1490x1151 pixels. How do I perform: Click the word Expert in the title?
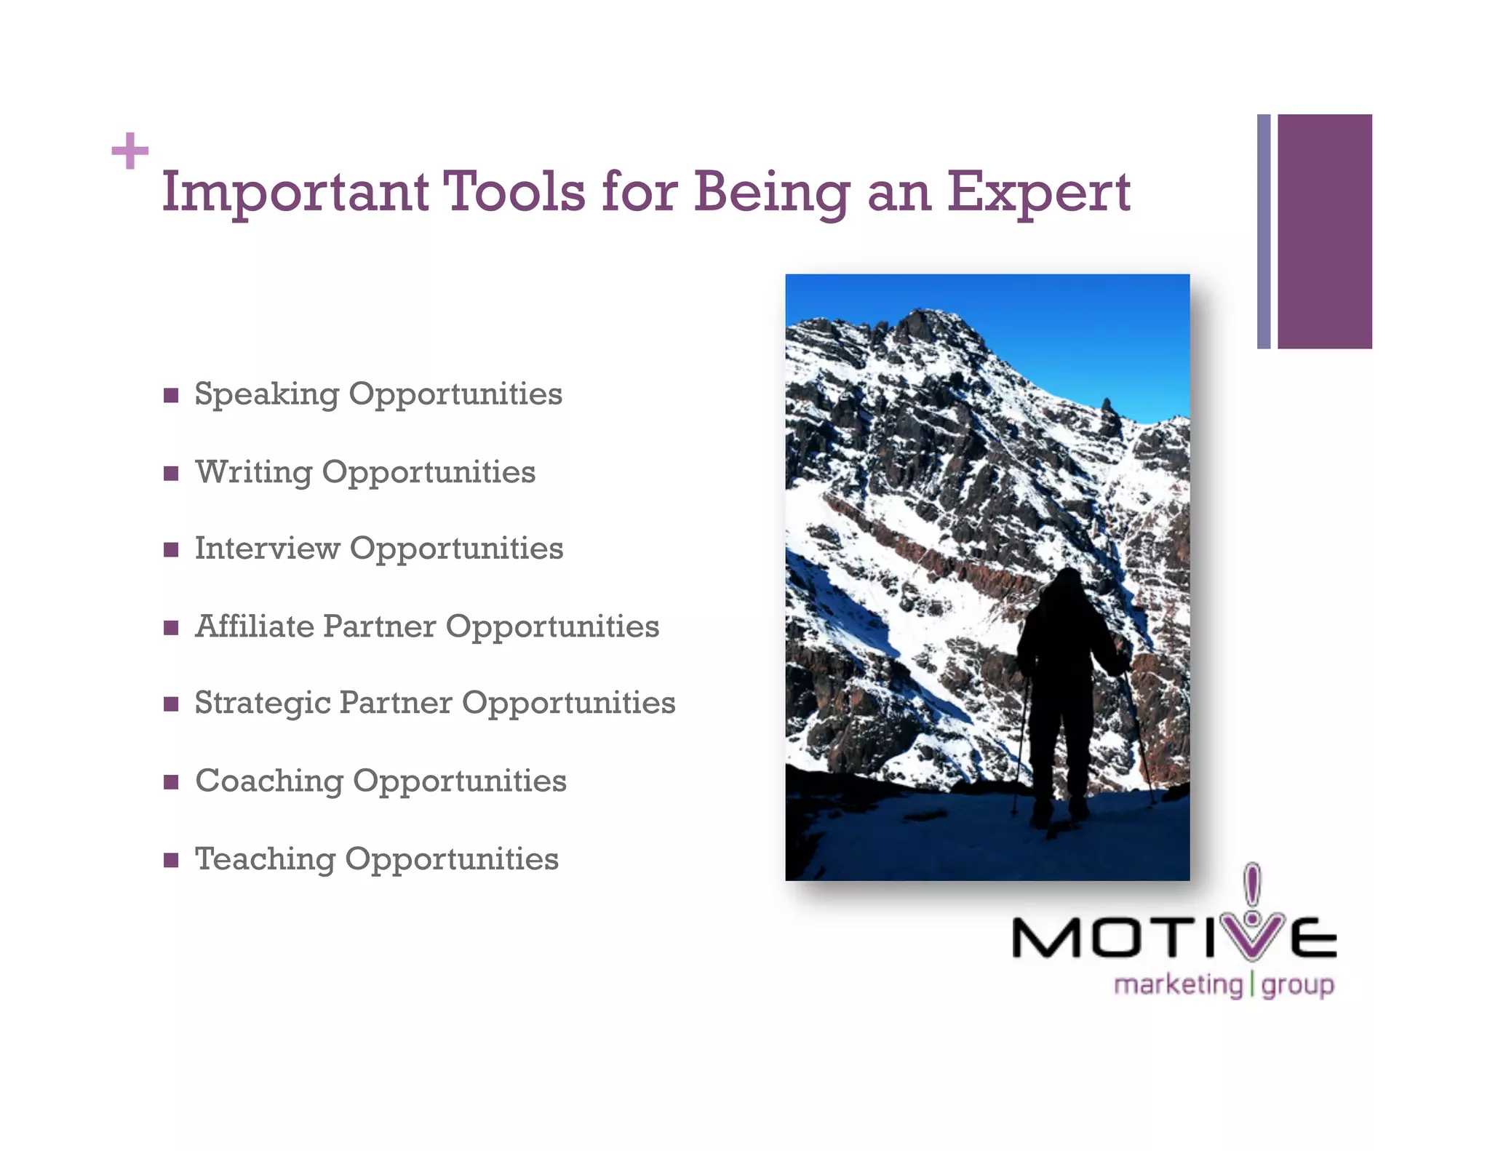point(1038,192)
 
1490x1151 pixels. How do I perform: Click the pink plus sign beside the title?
point(130,151)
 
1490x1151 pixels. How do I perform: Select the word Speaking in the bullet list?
point(266,395)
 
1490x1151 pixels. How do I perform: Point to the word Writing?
point(253,473)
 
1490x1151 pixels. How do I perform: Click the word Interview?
point(267,548)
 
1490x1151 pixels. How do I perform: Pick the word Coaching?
point(269,781)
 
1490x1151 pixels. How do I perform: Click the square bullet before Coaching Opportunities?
point(171,782)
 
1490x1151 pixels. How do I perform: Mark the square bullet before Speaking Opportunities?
point(171,395)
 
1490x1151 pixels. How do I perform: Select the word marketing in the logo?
point(1179,984)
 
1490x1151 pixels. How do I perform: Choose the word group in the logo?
point(1298,986)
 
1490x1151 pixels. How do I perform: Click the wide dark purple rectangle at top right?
point(1324,231)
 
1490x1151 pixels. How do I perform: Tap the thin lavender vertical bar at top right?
point(1264,231)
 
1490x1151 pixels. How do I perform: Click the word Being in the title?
point(771,192)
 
